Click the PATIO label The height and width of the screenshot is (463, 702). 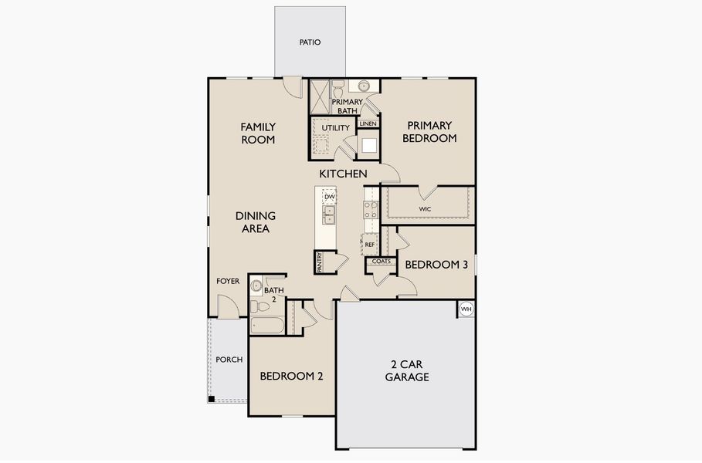(310, 42)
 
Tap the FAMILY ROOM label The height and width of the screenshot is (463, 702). (258, 133)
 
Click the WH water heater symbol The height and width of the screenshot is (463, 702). (466, 309)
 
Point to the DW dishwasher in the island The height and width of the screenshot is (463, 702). (330, 198)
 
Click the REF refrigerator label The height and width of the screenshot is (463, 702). (370, 245)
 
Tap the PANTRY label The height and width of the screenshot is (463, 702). (319, 262)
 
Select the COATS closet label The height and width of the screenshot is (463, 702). (382, 262)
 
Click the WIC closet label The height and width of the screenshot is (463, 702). (425, 209)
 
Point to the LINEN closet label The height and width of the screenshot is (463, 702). (368, 123)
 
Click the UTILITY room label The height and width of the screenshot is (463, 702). (336, 128)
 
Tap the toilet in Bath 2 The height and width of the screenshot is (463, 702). (257, 286)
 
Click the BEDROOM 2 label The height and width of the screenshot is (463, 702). (291, 377)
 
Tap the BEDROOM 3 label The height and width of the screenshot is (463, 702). (436, 265)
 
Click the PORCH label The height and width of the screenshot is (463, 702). (229, 360)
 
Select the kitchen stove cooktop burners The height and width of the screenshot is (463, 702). (369, 211)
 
